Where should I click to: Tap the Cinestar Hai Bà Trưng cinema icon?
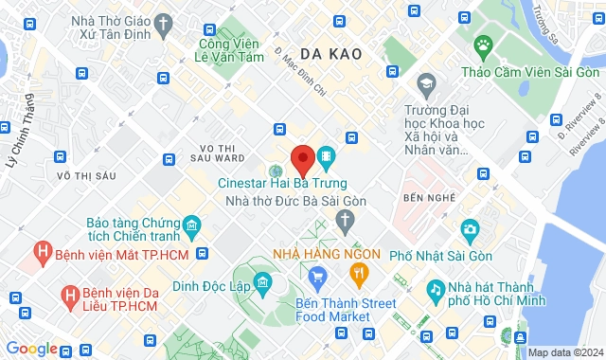click(326, 154)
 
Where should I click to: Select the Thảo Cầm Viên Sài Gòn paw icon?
click(484, 45)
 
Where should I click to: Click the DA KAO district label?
click(331, 54)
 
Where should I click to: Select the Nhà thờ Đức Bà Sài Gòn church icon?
click(346, 223)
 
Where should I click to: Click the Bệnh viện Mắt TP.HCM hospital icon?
click(42, 253)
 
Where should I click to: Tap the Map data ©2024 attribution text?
click(564, 352)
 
